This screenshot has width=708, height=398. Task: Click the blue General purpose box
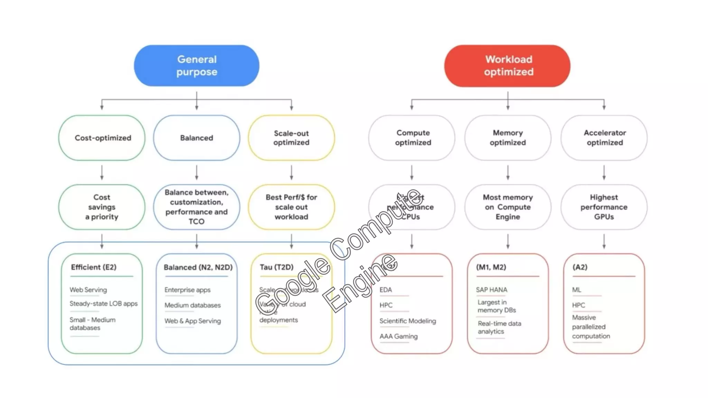(x=196, y=66)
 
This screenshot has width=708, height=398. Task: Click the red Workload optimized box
(x=507, y=66)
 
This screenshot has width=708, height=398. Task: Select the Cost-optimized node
(x=102, y=138)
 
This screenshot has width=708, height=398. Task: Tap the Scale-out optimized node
(x=291, y=138)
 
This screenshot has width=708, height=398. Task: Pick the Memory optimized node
(x=507, y=138)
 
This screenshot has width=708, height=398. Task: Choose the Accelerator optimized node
(x=604, y=138)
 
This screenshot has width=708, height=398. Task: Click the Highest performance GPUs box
(x=604, y=207)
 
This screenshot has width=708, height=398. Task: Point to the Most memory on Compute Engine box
(x=507, y=207)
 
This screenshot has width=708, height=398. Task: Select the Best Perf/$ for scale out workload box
(x=291, y=207)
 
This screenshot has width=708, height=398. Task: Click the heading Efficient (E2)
(x=94, y=267)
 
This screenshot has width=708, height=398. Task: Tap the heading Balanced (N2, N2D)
(x=198, y=267)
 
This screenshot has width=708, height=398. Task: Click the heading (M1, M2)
(x=491, y=267)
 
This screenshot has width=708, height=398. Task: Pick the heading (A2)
(x=580, y=267)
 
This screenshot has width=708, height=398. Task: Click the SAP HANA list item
(x=491, y=290)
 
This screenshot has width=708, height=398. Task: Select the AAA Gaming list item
(x=398, y=336)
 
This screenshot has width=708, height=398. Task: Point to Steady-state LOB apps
(x=103, y=304)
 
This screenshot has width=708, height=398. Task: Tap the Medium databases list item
(x=192, y=305)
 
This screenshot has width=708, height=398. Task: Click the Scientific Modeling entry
(x=408, y=321)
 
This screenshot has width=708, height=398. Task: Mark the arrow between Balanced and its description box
(x=197, y=172)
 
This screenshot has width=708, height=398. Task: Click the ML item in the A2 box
(x=576, y=290)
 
